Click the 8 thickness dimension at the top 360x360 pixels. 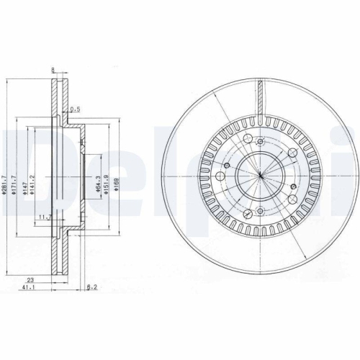pos(53,71)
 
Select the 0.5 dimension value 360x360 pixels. pos(74,109)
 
